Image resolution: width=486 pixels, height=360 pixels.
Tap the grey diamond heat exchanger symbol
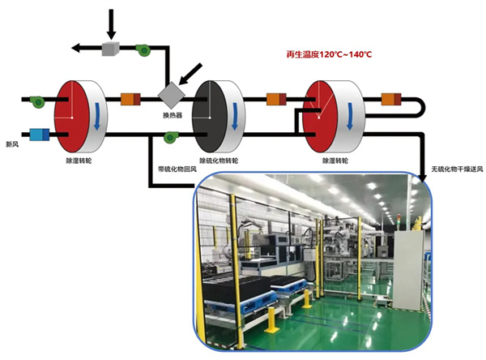pyautogui.click(x=171, y=94)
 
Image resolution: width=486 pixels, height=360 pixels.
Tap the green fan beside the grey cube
pyautogui.click(x=143, y=48)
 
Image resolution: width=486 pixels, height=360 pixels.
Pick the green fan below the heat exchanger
pyautogui.click(x=171, y=138)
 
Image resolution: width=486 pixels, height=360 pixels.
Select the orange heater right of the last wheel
pyautogui.click(x=390, y=100)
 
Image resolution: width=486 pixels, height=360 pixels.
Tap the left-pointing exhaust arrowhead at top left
pyautogui.click(x=76, y=49)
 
